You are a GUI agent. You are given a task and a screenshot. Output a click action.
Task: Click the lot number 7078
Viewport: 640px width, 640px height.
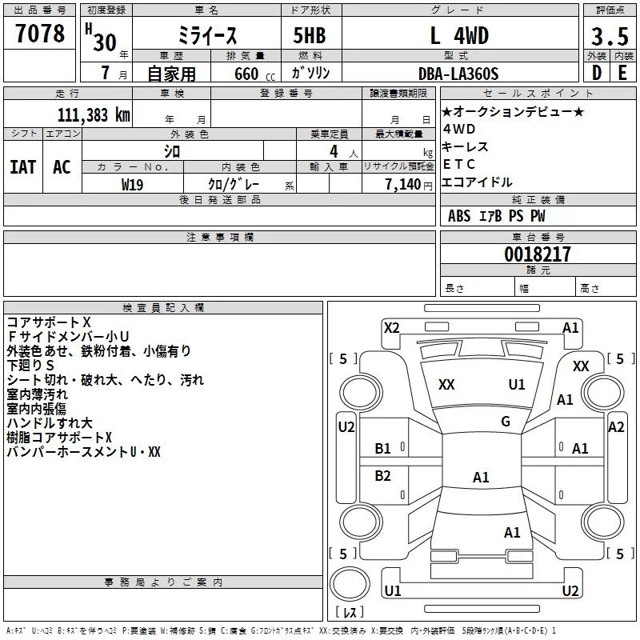click(39, 34)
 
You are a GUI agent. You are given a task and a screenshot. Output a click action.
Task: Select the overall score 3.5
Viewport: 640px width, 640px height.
click(609, 37)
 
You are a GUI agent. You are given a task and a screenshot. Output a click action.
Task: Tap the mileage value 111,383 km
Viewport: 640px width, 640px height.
click(93, 114)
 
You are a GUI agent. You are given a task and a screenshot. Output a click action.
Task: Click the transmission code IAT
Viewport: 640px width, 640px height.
click(22, 167)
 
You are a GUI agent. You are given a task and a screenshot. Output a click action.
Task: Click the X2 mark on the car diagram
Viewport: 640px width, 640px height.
click(392, 327)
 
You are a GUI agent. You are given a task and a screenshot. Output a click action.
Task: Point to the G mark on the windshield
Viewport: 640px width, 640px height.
click(505, 421)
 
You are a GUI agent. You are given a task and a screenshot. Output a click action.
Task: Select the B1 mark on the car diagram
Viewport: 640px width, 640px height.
click(383, 449)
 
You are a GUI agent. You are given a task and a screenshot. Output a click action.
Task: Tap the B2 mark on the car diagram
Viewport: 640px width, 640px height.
click(383, 476)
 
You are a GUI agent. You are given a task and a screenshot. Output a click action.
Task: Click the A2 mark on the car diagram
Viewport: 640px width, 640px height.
click(615, 427)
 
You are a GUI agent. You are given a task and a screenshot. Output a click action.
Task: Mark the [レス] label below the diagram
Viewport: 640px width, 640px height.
click(349, 613)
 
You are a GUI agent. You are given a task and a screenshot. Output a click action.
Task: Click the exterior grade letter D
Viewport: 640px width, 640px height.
click(596, 74)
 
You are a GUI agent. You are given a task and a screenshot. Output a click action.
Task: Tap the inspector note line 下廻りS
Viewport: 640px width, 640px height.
click(31, 365)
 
